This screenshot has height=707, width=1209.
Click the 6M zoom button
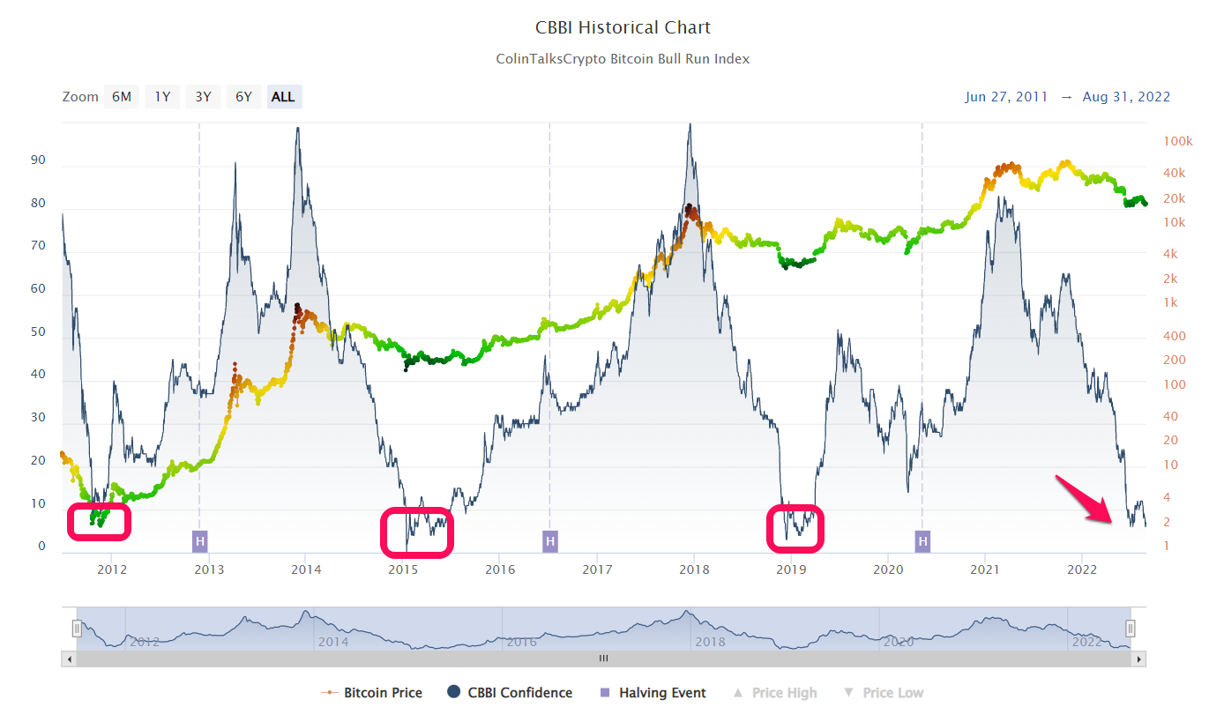(x=122, y=97)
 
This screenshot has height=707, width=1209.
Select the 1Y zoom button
(x=162, y=97)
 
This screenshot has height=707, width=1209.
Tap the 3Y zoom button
(x=203, y=97)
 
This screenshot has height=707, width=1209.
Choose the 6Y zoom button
(x=243, y=97)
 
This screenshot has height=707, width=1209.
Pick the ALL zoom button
(x=283, y=97)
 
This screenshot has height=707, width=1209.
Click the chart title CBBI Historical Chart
(x=623, y=27)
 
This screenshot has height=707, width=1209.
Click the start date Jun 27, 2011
(x=1006, y=97)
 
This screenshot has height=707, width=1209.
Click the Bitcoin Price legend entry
(x=383, y=693)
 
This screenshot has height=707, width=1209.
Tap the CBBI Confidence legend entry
(x=519, y=693)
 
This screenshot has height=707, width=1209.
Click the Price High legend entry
(x=784, y=693)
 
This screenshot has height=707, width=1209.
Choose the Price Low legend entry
(x=892, y=693)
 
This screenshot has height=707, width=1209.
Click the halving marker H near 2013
(x=200, y=540)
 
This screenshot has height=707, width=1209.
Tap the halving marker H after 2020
(x=922, y=540)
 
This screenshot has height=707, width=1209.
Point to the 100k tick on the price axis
(x=1177, y=141)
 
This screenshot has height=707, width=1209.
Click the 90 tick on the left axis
(x=37, y=161)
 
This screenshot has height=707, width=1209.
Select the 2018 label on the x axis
(x=694, y=569)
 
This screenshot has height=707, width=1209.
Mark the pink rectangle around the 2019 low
(x=796, y=526)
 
